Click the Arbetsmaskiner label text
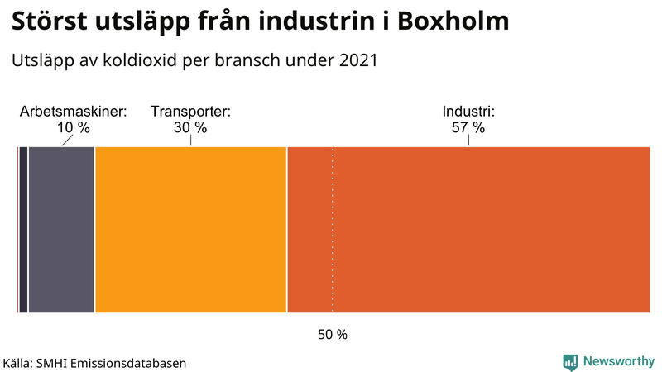tap(73, 112)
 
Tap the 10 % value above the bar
tap(73, 128)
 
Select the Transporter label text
tap(190, 112)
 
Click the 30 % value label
tap(190, 128)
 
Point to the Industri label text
tap(468, 112)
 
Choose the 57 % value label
tap(468, 128)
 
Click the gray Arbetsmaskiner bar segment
tap(61, 230)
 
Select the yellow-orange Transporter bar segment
tap(190, 230)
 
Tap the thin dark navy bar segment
tap(23, 230)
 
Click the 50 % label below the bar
tap(333, 335)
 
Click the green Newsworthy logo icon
tap(570, 362)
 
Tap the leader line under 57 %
tap(468, 141)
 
